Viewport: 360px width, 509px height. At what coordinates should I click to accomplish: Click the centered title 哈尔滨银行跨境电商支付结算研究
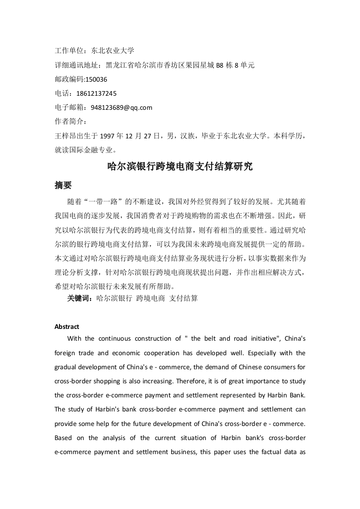[x=180, y=166]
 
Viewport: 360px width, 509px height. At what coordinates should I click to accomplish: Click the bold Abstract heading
[x=67, y=327]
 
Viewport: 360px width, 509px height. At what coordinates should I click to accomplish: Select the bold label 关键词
[x=79, y=299]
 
